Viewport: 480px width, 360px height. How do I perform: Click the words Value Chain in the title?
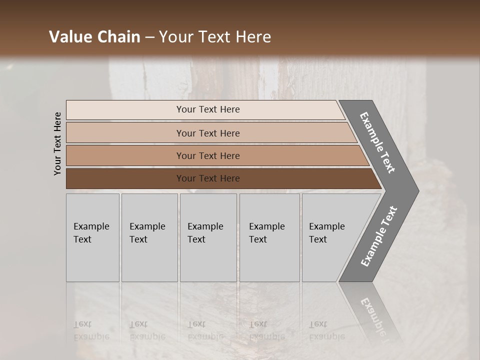[94, 37]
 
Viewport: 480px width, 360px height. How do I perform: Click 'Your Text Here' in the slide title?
[215, 37]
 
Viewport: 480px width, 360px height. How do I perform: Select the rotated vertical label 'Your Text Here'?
[57, 143]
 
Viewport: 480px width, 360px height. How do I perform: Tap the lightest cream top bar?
[125, 110]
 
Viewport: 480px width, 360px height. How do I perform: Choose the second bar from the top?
[125, 133]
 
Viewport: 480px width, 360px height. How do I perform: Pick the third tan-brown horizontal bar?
[125, 155]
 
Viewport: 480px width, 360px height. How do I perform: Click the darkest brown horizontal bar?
[125, 178]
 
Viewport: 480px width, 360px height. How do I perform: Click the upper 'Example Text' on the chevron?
[377, 142]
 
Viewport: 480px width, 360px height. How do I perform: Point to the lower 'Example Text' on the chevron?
[378, 236]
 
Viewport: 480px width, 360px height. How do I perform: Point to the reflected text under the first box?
[91, 330]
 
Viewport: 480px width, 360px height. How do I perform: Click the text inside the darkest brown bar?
[208, 178]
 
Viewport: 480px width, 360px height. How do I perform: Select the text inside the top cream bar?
[208, 109]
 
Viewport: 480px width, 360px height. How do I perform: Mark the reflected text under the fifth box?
[326, 330]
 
